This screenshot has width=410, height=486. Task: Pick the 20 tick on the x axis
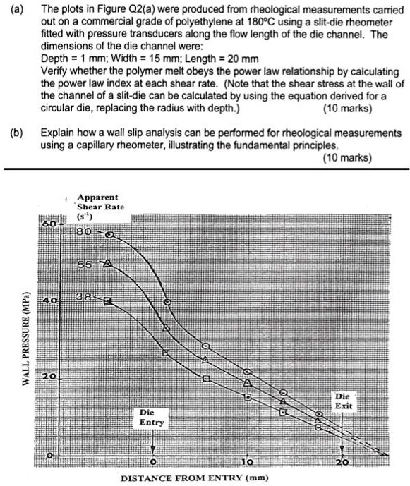click(343, 462)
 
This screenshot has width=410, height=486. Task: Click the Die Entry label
click(151, 417)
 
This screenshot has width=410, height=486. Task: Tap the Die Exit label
click(343, 401)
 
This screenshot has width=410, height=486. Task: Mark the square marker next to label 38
click(107, 301)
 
